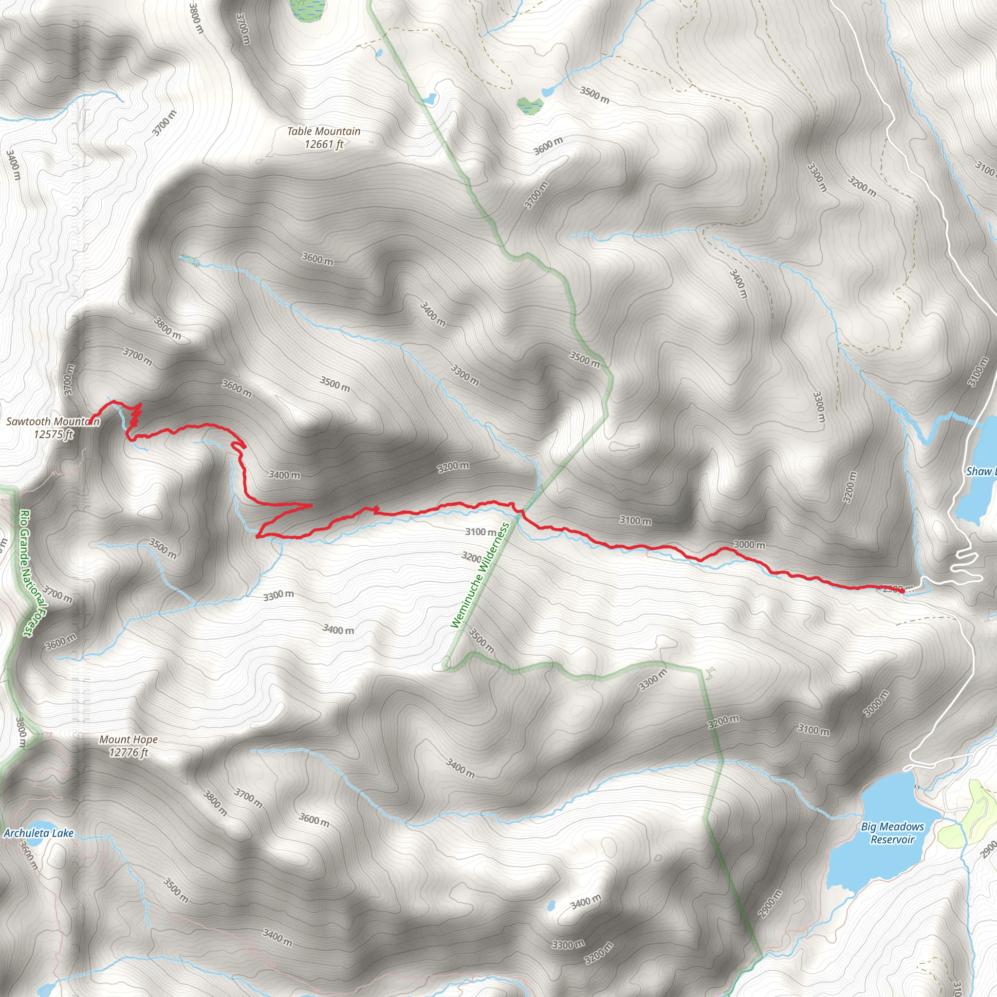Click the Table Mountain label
pyautogui.click(x=324, y=131)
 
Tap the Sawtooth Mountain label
pyautogui.click(x=53, y=422)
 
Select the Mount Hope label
pyautogui.click(x=129, y=739)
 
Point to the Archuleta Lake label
pyautogui.click(x=39, y=833)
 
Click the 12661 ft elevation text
pyautogui.click(x=324, y=145)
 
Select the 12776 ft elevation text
pyautogui.click(x=129, y=753)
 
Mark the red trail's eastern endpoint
pyautogui.click(x=901, y=591)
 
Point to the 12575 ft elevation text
pyautogui.click(x=54, y=435)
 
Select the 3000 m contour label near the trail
pyautogui.click(x=749, y=545)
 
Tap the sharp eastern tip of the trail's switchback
pyautogui.click(x=311, y=505)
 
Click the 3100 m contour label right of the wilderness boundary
pyautogui.click(x=635, y=521)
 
